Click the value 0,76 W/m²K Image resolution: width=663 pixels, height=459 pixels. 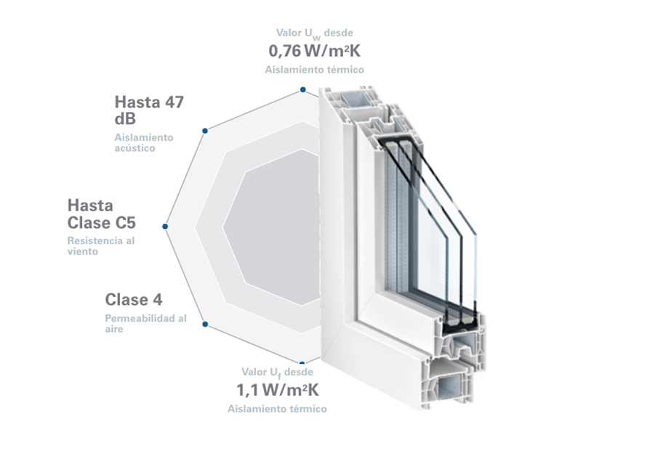(x=315, y=51)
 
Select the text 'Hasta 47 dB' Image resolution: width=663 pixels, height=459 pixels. (x=149, y=110)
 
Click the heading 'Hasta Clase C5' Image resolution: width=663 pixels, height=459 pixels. (x=101, y=214)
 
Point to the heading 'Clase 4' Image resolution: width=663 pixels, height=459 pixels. (x=134, y=299)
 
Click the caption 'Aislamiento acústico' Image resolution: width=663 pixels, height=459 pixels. (x=144, y=142)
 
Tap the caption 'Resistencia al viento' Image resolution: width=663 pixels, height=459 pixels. (x=101, y=246)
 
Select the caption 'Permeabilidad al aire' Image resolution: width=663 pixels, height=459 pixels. (x=145, y=323)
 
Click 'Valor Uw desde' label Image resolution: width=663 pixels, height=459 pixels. (x=314, y=33)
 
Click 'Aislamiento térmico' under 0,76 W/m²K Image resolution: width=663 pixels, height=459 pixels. (x=314, y=69)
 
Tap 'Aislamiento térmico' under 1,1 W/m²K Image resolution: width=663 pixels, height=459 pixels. (x=277, y=409)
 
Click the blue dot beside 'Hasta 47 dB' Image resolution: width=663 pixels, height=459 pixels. (x=205, y=131)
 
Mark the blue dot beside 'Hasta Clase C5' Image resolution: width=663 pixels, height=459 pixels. (x=166, y=227)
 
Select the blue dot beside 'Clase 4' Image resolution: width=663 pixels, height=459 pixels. (x=205, y=324)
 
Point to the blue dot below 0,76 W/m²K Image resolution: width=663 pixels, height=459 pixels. (x=302, y=90)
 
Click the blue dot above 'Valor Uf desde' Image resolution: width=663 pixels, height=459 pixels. (x=302, y=362)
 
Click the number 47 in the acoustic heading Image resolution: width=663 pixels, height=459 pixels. (x=174, y=102)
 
